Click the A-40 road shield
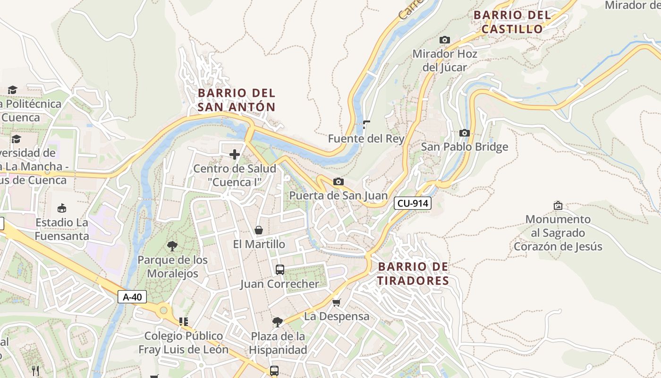tap(132, 297)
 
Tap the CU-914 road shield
tap(413, 203)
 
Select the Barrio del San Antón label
tap(236, 100)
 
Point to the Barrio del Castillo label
tap(512, 22)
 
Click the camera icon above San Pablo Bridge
tap(465, 133)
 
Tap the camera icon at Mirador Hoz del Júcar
tap(444, 40)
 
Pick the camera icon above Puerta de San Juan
tap(338, 182)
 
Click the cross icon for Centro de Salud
tap(235, 155)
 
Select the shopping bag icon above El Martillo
tap(259, 230)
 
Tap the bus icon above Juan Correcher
tap(280, 270)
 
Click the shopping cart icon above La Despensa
tap(336, 302)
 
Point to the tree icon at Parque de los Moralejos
tap(172, 246)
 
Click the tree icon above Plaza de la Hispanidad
tap(278, 322)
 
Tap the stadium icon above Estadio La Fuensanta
tap(61, 208)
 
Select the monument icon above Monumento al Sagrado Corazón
tap(558, 205)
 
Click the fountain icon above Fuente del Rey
tap(366, 125)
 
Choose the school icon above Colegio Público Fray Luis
tap(183, 322)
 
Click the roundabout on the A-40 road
tap(163, 310)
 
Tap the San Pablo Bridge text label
tap(465, 147)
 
